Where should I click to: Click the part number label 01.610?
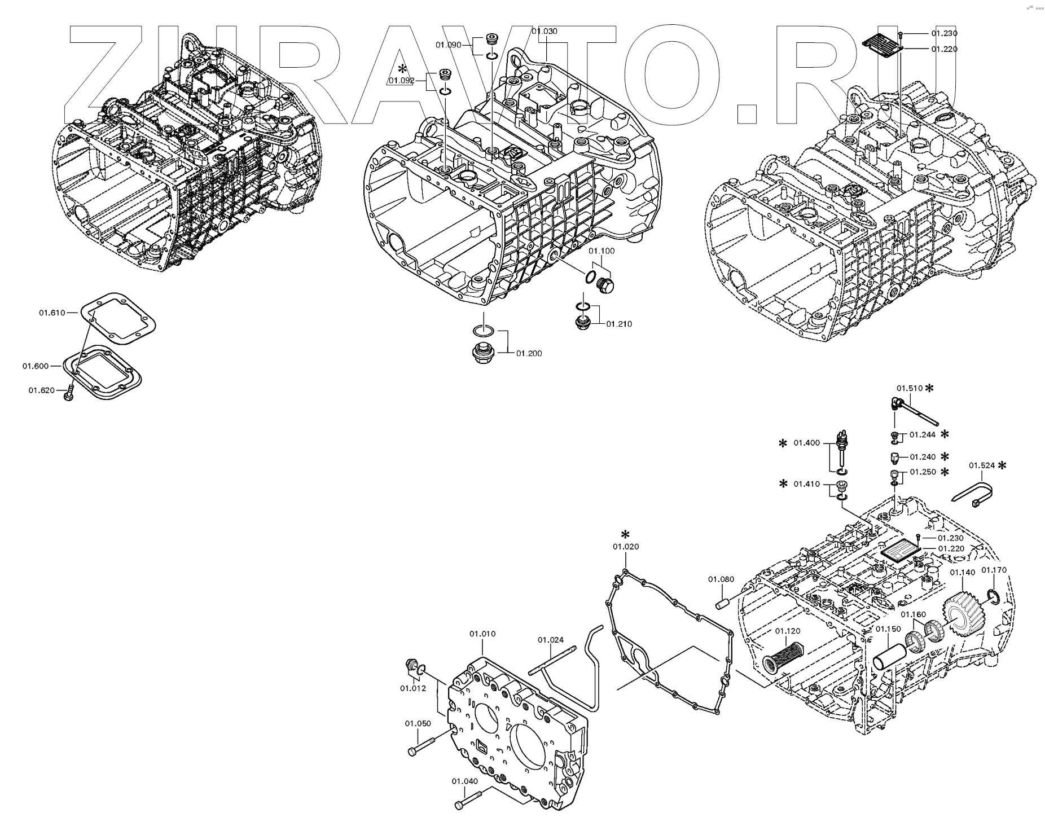(52, 312)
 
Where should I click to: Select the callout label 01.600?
(36, 366)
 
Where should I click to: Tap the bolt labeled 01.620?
(69, 393)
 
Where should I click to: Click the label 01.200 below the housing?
(528, 354)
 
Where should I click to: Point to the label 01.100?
(601, 250)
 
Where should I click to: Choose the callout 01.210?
(619, 324)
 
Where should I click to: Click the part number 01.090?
(448, 45)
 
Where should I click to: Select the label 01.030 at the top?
(544, 31)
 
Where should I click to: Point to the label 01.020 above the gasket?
(626, 546)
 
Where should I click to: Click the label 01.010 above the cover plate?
(482, 634)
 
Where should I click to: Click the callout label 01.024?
(550, 639)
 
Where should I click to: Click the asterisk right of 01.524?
(1002, 465)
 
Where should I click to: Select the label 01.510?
(910, 388)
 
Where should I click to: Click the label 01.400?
(806, 443)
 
